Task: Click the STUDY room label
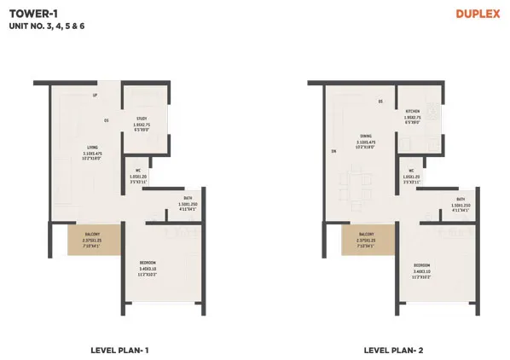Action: (142, 119)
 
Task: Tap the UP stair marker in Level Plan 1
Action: (95, 95)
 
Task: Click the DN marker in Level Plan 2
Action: (334, 153)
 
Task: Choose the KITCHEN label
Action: (414, 112)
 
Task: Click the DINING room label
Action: (364, 135)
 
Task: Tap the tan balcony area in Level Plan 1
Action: (91, 240)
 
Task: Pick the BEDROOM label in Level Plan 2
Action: (422, 265)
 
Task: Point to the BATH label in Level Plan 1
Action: (188, 199)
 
